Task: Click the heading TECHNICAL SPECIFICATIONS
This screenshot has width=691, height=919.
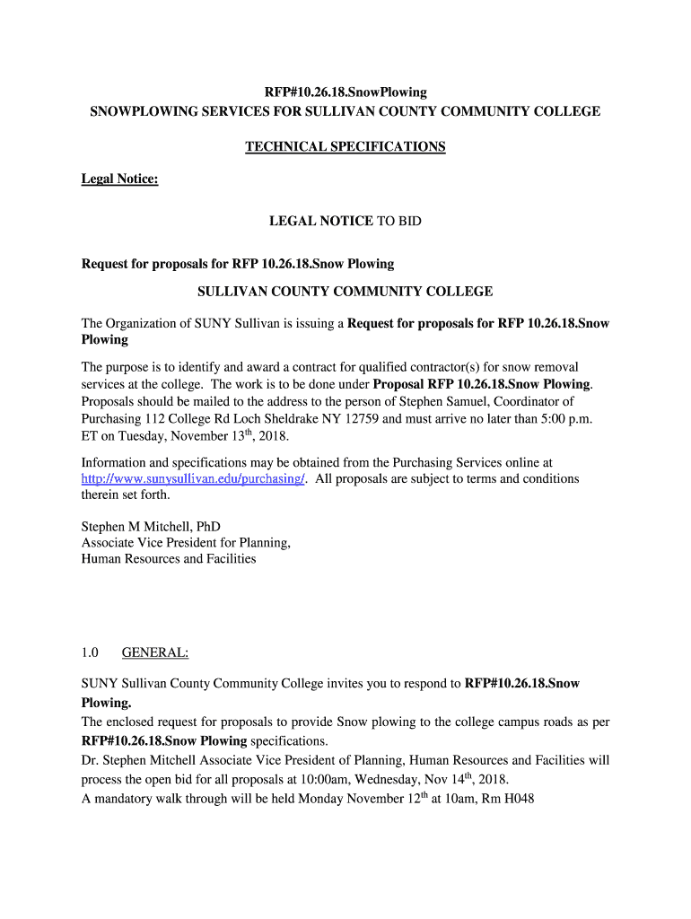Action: (345, 146)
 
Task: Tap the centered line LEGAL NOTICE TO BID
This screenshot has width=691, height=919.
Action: (345, 221)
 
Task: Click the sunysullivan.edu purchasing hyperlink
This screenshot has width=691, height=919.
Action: (194, 479)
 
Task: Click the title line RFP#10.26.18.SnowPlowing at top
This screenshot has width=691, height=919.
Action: (345, 92)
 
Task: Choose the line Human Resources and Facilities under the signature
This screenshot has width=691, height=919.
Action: (169, 558)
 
